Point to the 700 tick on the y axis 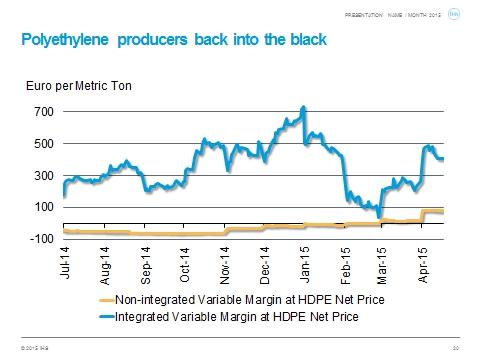(42, 111)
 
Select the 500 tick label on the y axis (42, 143)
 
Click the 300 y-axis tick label (42, 175)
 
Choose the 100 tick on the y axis (42, 207)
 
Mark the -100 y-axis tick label (40, 239)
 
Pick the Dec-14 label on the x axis (265, 264)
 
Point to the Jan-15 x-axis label (305, 264)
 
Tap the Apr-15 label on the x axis (425, 264)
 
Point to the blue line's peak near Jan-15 (303, 107)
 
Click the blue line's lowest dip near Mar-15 (379, 215)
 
